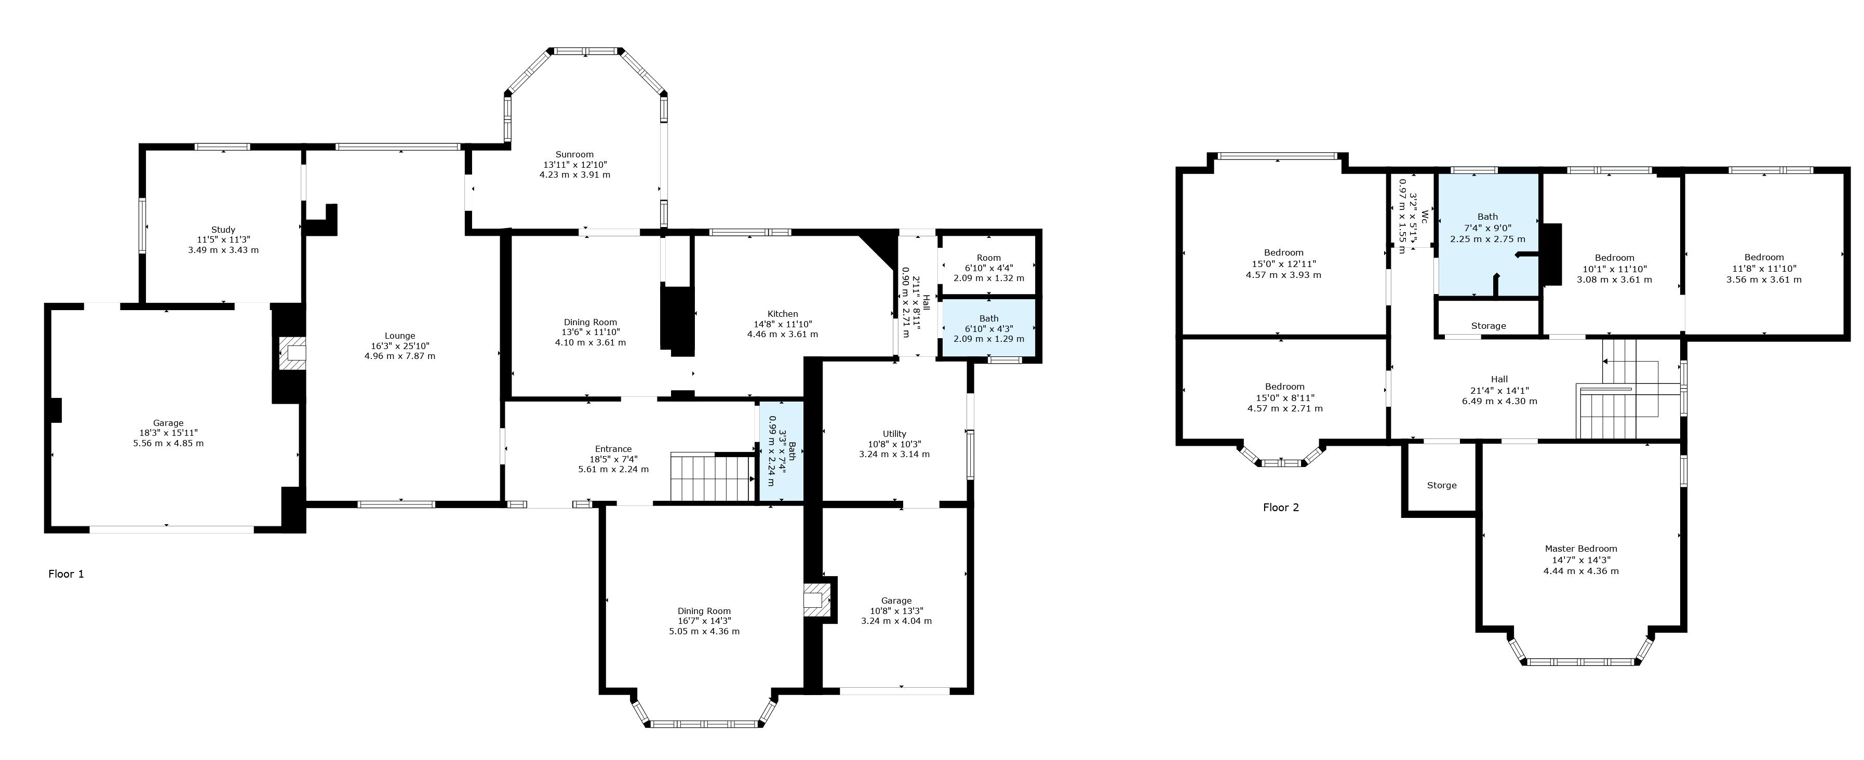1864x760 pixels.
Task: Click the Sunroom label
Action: pyautogui.click(x=574, y=154)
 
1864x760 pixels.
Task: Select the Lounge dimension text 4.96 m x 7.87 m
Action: pyautogui.click(x=399, y=356)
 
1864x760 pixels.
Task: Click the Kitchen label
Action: pyautogui.click(x=782, y=314)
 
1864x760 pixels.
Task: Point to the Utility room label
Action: pyautogui.click(x=894, y=434)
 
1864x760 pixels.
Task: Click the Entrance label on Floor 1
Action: pyautogui.click(x=613, y=449)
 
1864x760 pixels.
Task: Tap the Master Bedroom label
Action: pyautogui.click(x=1581, y=549)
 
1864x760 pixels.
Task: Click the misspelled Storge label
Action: pyautogui.click(x=1441, y=485)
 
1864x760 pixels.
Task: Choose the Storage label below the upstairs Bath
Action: pyautogui.click(x=1488, y=326)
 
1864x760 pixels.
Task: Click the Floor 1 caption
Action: pyautogui.click(x=66, y=574)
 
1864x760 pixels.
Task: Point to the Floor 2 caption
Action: pyautogui.click(x=1281, y=508)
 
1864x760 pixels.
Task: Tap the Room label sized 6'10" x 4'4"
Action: pyautogui.click(x=988, y=258)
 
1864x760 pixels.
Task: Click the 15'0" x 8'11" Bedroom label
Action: pyautogui.click(x=1284, y=386)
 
